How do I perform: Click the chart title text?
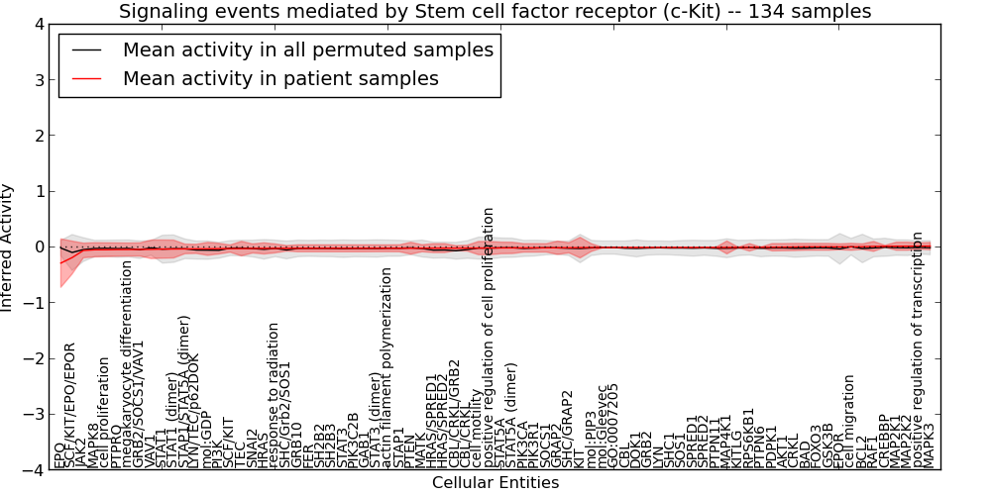tap(495, 12)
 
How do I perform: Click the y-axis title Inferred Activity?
tap(9, 247)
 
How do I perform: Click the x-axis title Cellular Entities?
tap(495, 483)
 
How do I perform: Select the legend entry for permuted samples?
tap(307, 49)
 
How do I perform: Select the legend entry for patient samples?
tap(280, 78)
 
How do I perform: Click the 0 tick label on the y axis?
tap(38, 247)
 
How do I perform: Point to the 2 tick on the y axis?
tap(38, 136)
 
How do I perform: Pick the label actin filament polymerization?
tap(386, 367)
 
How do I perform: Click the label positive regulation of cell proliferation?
tap(489, 338)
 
